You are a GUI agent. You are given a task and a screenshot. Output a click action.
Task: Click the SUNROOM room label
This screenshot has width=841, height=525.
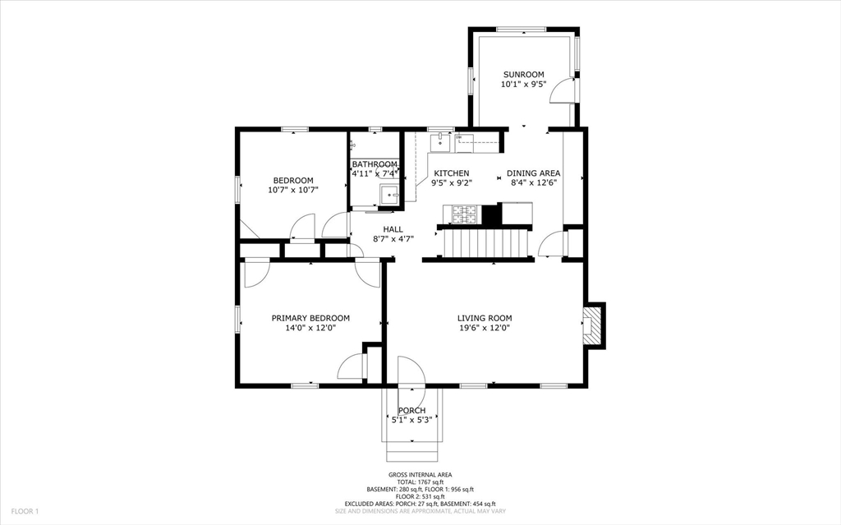coord(523,75)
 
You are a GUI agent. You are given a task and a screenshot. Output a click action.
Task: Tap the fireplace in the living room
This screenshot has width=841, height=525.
coord(593,326)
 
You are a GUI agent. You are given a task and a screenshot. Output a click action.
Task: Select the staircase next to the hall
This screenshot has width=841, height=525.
coord(485,243)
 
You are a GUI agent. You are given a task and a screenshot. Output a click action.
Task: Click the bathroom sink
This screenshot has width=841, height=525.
coord(389,194)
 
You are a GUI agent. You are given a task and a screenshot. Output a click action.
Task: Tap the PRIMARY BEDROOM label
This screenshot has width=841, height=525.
coord(310,318)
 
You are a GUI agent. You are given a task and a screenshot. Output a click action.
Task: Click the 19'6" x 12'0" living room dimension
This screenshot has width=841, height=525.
coord(485,328)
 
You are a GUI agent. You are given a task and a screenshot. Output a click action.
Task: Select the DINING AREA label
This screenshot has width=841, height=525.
coord(534,173)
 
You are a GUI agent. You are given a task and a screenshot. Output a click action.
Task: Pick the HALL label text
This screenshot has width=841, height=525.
coord(393,229)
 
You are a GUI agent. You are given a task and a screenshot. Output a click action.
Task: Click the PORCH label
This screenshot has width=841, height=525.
coord(412,411)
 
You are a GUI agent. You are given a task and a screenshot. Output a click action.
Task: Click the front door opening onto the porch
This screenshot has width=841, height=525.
coord(411,371)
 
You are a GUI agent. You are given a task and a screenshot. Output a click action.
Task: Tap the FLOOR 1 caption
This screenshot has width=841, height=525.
coord(25,512)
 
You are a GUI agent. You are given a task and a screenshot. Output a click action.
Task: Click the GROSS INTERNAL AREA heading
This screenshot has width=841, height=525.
coord(420,475)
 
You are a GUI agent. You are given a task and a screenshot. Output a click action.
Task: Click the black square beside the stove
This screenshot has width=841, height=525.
coord(490,214)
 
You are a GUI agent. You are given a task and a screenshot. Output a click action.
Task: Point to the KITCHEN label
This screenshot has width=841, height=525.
coord(452,173)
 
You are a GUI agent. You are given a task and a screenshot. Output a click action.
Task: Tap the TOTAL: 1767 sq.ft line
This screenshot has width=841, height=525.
coord(420,482)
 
